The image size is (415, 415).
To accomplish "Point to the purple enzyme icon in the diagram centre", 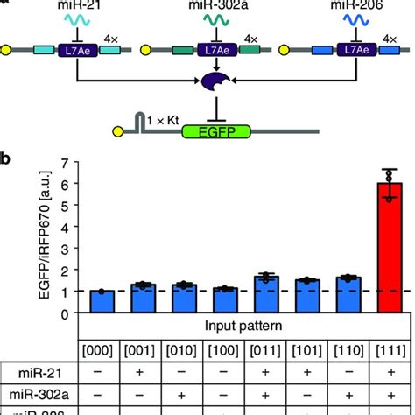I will [x=215, y=82].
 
